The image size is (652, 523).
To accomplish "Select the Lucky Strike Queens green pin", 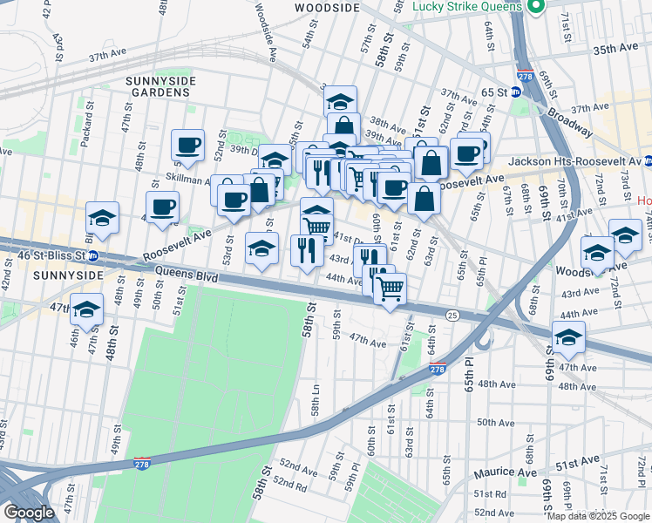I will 536,6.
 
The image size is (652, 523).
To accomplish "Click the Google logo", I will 30,512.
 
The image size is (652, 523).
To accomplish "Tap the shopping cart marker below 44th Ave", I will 391,288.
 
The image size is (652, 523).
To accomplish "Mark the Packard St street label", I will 85,130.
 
